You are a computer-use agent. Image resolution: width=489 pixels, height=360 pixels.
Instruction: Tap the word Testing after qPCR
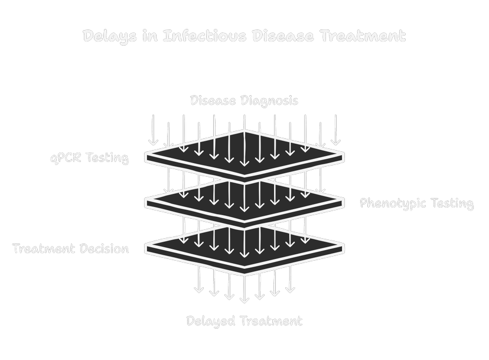tap(108, 158)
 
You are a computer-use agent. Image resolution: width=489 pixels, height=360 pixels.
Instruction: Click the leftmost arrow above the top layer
tap(153, 130)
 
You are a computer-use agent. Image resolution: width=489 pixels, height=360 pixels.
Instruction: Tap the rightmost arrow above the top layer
tap(335, 130)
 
